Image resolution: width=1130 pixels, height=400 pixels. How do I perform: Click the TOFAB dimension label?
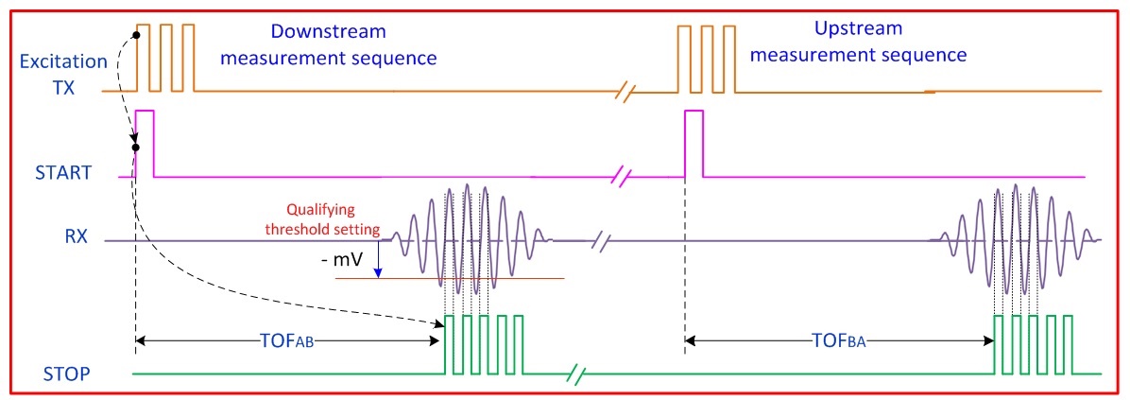click(x=283, y=343)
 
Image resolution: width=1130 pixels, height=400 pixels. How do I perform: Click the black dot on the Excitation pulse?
click(x=136, y=35)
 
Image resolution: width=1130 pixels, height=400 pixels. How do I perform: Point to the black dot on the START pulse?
click(x=136, y=147)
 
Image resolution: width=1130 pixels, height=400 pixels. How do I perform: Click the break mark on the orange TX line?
click(x=627, y=92)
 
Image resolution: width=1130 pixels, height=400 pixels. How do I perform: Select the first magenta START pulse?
click(x=145, y=142)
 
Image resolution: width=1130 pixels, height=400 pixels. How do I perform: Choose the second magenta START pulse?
click(x=693, y=142)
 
